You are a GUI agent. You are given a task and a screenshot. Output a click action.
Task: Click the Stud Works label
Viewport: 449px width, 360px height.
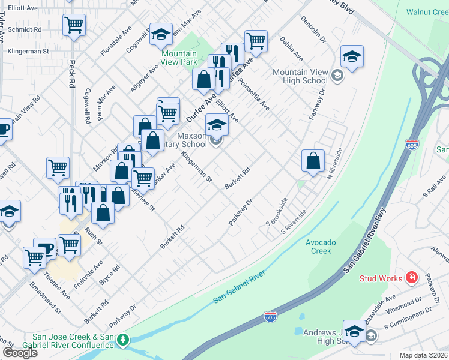pyautogui.click(x=381, y=278)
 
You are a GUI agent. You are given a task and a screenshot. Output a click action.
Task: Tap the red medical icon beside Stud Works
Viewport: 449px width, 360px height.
pyautogui.click(x=411, y=277)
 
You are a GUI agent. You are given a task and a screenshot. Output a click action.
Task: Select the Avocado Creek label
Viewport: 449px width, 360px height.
pyautogui.click(x=323, y=246)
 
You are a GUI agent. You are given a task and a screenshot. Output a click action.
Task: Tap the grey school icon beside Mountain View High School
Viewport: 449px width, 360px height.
pyautogui.click(x=337, y=76)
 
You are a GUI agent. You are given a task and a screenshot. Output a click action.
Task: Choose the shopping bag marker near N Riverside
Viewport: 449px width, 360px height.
pyautogui.click(x=313, y=161)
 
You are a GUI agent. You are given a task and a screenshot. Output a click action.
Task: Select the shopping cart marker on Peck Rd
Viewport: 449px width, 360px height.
pyautogui.click(x=74, y=25)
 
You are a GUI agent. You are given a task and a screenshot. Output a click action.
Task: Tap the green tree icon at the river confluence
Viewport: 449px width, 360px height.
pyautogui.click(x=123, y=340)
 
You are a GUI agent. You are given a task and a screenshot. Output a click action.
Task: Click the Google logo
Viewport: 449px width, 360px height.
pyautogui.click(x=20, y=353)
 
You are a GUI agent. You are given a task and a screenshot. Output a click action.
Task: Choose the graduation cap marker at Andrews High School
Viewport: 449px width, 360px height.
pyautogui.click(x=354, y=331)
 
